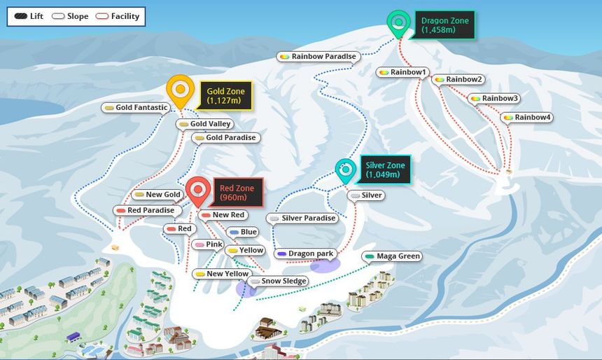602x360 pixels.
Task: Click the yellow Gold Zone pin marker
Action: pyautogui.click(x=181, y=90)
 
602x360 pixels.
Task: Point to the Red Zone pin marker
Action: pyautogui.click(x=199, y=189)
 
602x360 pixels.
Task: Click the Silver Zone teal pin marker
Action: pyautogui.click(x=344, y=169)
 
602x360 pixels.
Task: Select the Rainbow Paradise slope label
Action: pyautogui.click(x=319, y=57)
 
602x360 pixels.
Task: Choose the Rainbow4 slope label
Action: pyautogui.click(x=526, y=117)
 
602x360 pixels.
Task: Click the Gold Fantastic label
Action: pyautogui.click(x=136, y=108)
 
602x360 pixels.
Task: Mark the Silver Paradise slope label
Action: pyautogui.click(x=302, y=219)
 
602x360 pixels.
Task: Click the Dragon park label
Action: pyautogui.click(x=306, y=254)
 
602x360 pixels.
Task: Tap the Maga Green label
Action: pyautogui.click(x=393, y=256)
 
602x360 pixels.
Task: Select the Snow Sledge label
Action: pyautogui.click(x=279, y=281)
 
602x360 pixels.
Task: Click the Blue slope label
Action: pyautogui.click(x=243, y=232)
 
